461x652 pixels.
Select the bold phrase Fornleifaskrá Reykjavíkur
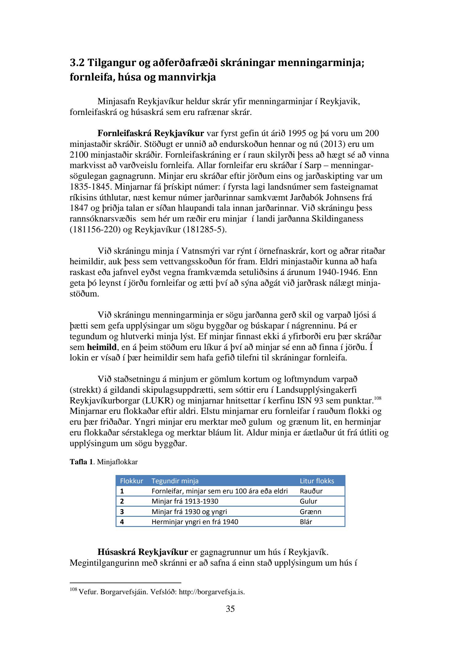pyautogui.click(x=151, y=133)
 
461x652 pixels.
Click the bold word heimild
pyautogui.click(x=102, y=347)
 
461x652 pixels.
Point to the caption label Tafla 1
pyautogui.click(x=81, y=462)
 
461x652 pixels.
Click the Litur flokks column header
pyautogui.click(x=317, y=481)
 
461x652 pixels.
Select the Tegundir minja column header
pyautogui.click(x=175, y=481)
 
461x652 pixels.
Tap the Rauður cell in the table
pyautogui.click(x=311, y=491)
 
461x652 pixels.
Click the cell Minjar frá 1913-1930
pyautogui.click(x=185, y=501)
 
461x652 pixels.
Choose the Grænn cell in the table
pyautogui.click(x=310, y=512)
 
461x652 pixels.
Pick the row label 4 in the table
pyautogui.click(x=122, y=522)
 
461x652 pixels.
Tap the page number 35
pyautogui.click(x=230, y=609)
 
